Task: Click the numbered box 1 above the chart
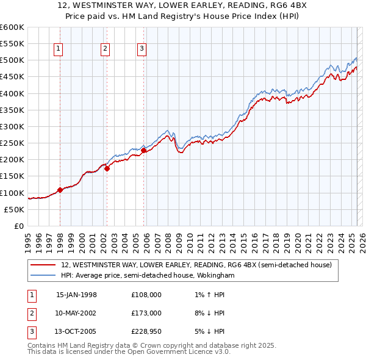pyautogui.click(x=58, y=49)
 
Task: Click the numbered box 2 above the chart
pyautogui.click(x=105, y=49)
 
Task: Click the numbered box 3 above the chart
pyautogui.click(x=142, y=49)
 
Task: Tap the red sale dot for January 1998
pyautogui.click(x=60, y=190)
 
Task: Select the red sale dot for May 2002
pyautogui.click(x=107, y=169)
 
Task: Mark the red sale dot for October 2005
pyautogui.click(x=144, y=150)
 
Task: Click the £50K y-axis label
pyautogui.click(x=15, y=209)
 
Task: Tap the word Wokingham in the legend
pyautogui.click(x=215, y=275)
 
